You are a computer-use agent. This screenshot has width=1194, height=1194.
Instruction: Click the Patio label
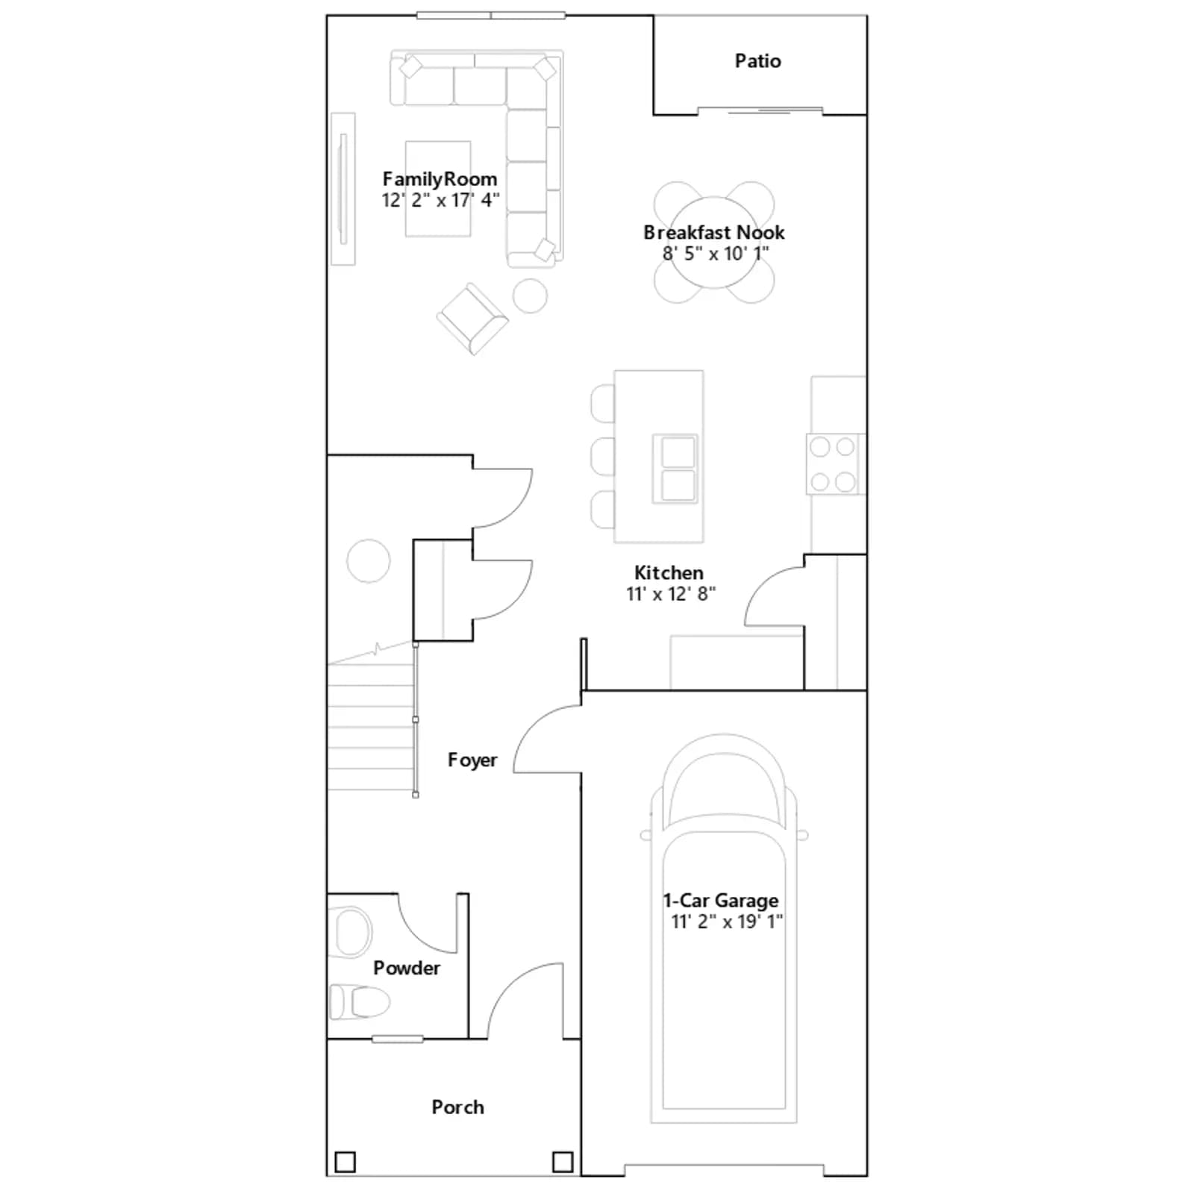(x=757, y=61)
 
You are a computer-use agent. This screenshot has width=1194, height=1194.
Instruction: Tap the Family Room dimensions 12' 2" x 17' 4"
(x=440, y=200)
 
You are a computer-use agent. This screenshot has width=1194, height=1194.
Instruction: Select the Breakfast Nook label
(x=714, y=232)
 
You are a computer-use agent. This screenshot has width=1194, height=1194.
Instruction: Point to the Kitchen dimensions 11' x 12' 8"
(x=670, y=594)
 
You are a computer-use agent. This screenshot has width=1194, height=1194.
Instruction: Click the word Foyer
(x=472, y=760)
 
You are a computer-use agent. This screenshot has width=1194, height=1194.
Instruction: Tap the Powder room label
(x=407, y=968)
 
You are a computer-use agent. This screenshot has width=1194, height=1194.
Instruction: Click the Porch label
(x=457, y=1107)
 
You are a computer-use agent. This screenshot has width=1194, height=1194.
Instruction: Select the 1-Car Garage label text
(x=721, y=901)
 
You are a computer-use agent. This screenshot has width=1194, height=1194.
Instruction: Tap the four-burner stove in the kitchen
(x=834, y=464)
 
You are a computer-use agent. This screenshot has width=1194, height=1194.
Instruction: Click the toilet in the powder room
(x=360, y=1001)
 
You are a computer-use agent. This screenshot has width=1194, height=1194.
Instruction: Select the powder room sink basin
(x=351, y=932)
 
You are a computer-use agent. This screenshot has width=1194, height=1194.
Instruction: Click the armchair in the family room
(x=472, y=319)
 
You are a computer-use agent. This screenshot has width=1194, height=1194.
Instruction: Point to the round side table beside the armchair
(x=530, y=296)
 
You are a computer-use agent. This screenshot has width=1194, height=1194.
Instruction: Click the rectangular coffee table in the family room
(x=438, y=189)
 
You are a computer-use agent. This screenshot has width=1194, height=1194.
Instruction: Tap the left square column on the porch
(x=345, y=1162)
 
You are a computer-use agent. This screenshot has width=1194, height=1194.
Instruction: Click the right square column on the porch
(x=563, y=1162)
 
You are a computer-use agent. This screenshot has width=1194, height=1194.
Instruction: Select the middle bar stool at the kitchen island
(x=603, y=456)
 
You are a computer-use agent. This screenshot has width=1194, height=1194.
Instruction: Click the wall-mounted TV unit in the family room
(x=343, y=189)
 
